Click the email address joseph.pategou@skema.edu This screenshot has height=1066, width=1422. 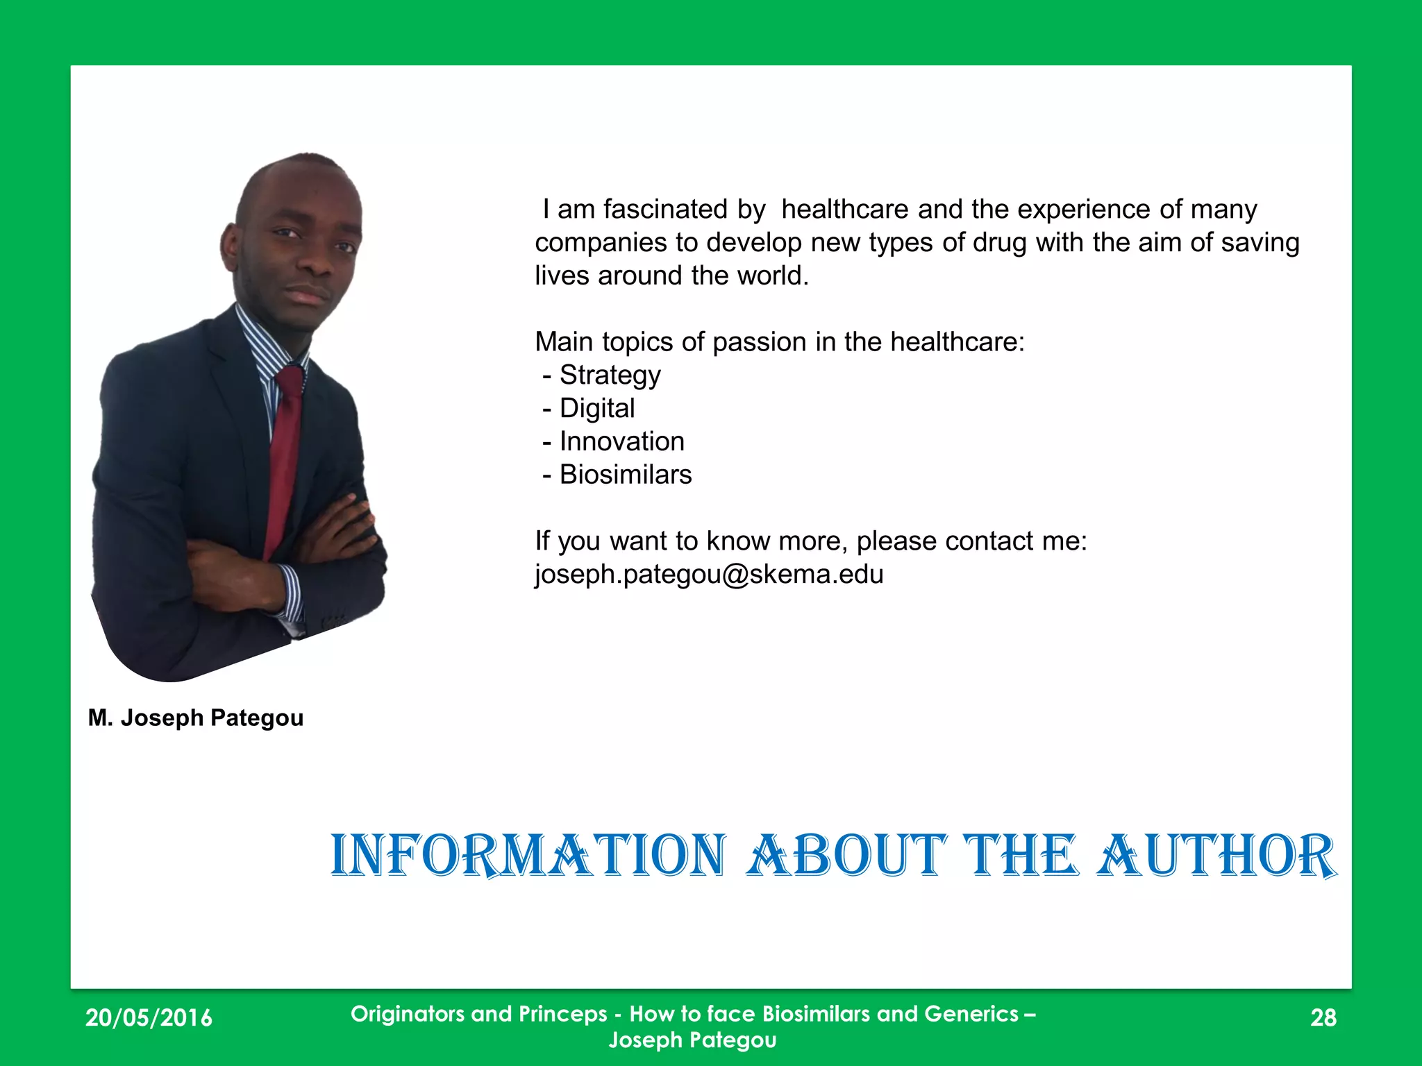(708, 575)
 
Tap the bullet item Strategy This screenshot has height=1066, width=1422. (610, 375)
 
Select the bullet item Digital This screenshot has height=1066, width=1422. (597, 408)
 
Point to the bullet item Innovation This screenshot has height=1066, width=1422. (621, 441)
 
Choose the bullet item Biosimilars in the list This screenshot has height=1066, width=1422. (626, 475)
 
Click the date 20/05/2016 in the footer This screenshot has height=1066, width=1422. (149, 1017)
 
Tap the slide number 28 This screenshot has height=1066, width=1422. (1323, 1017)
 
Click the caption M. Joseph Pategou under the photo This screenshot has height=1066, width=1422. (196, 718)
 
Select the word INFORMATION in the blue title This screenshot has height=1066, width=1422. (528, 855)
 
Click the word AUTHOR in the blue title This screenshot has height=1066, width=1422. (1216, 855)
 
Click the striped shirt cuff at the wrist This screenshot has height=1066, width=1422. (291, 593)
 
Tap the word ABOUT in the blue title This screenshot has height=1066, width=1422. (847, 855)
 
